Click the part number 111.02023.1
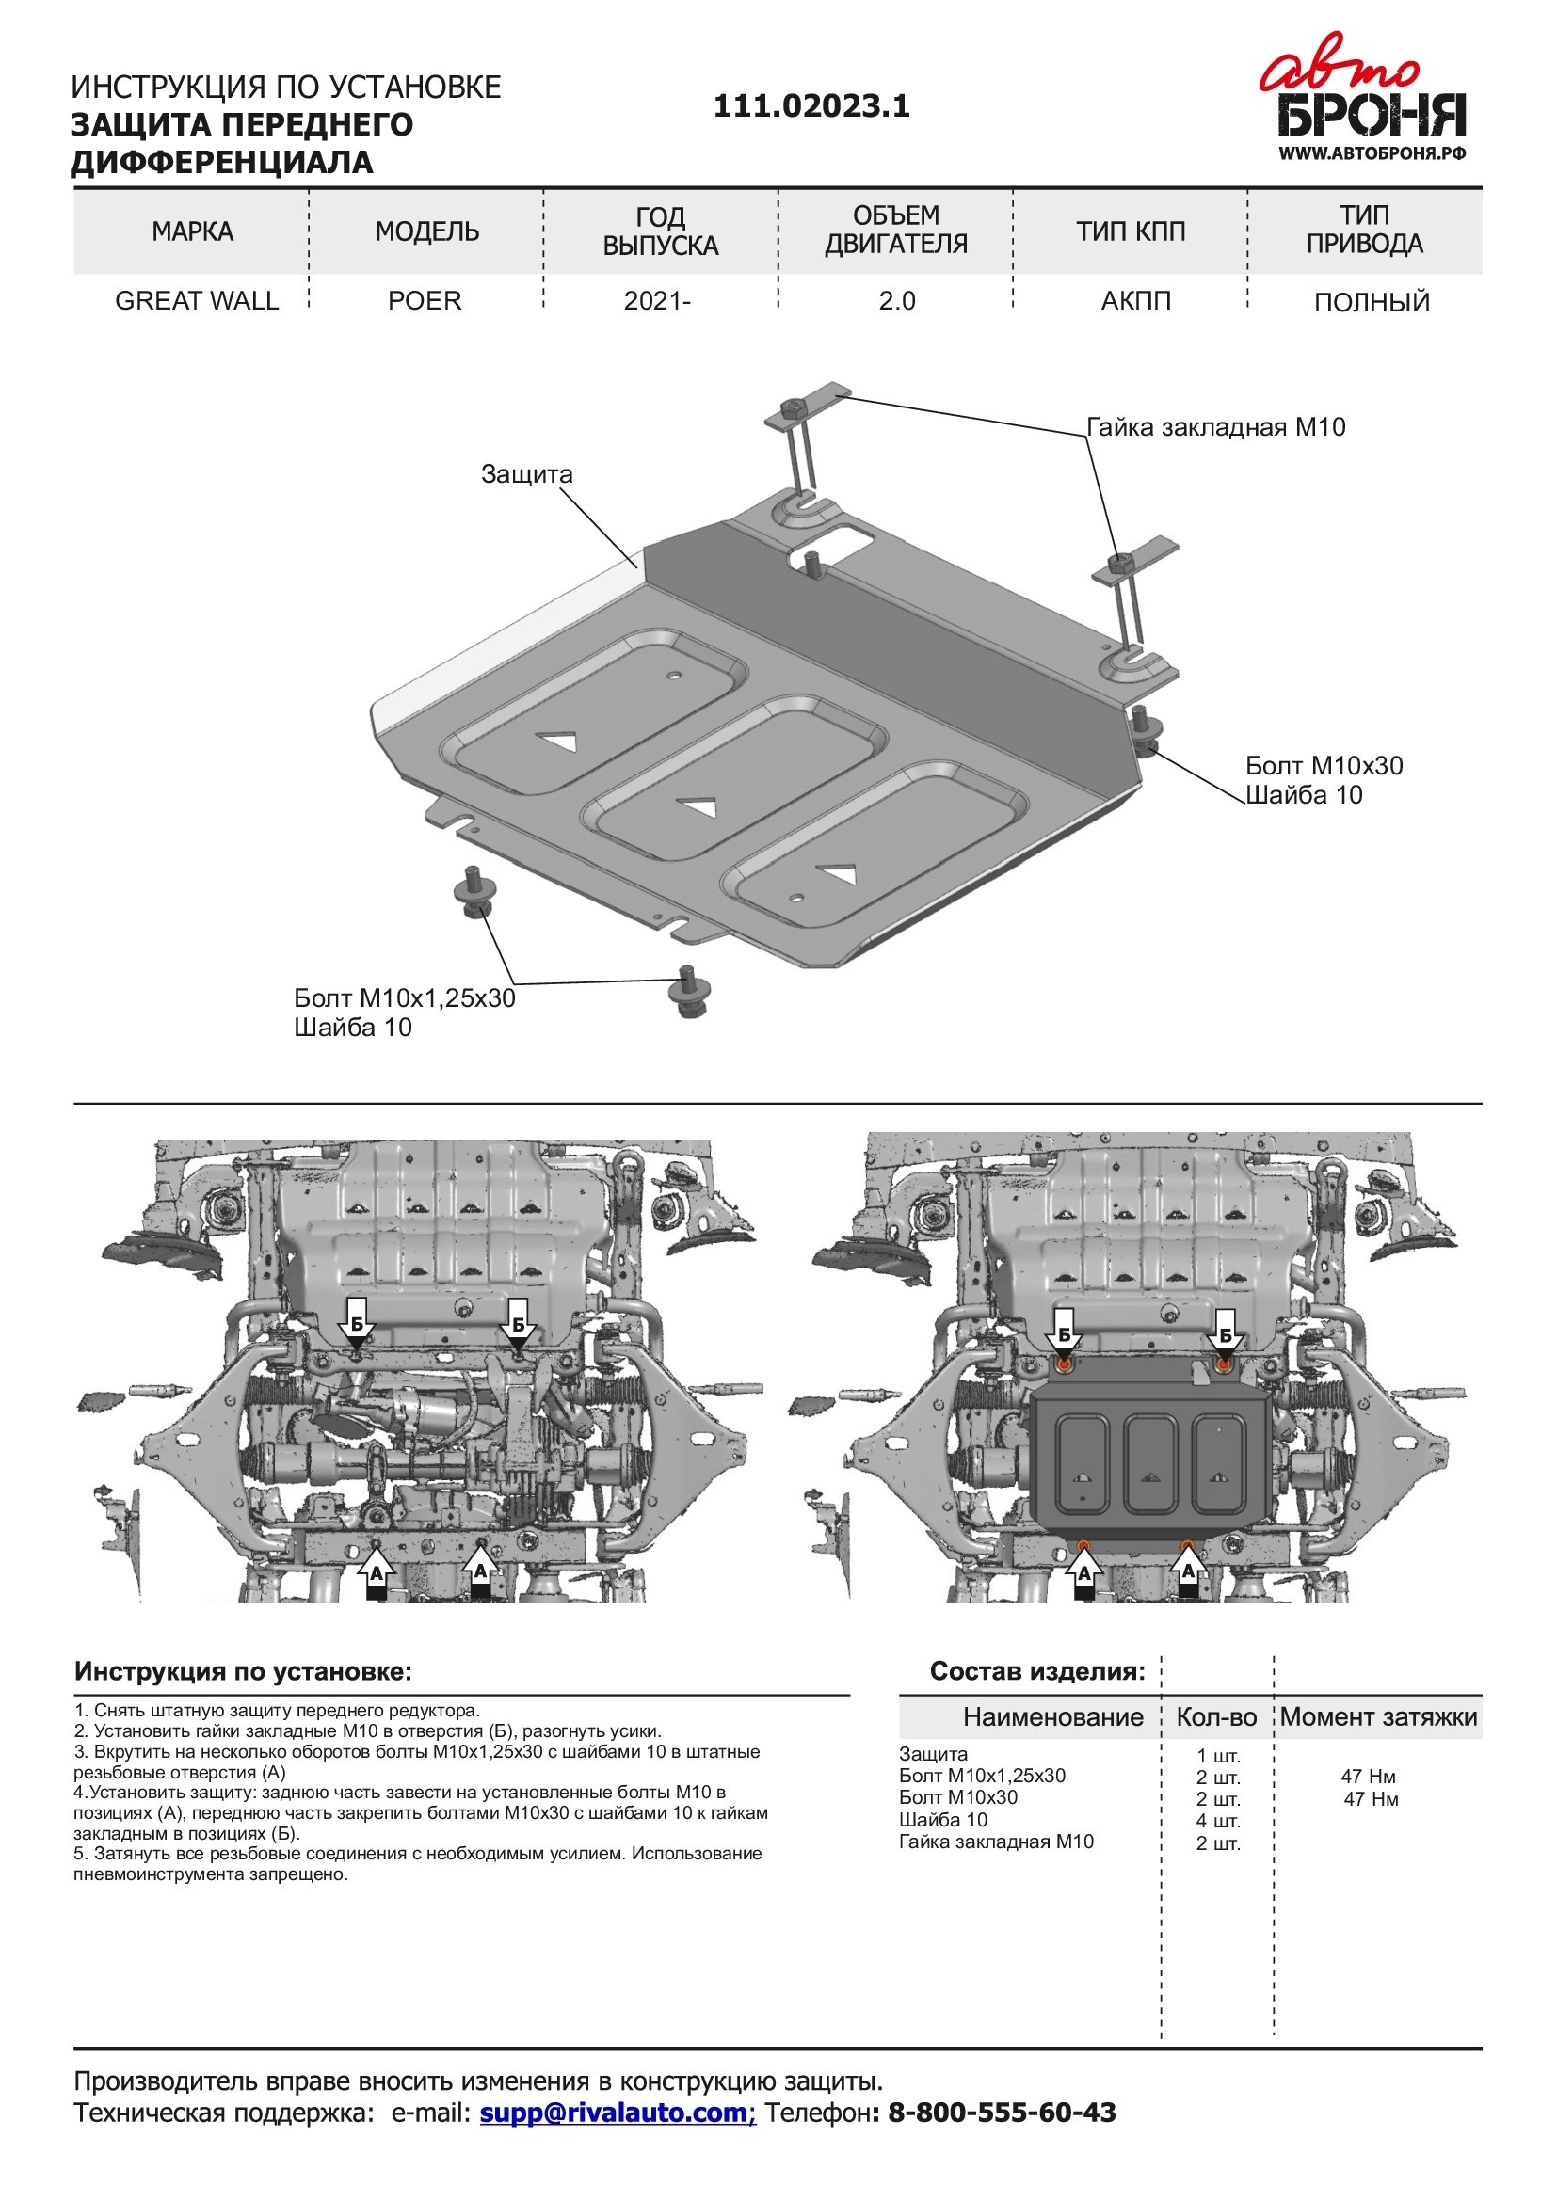pyautogui.click(x=811, y=105)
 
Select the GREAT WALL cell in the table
pyautogui.click(x=197, y=301)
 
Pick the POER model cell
pyautogui.click(x=425, y=301)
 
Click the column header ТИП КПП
pyautogui.click(x=1131, y=232)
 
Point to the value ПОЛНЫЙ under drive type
pyautogui.click(x=1371, y=303)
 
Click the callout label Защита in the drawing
pyautogui.click(x=526, y=474)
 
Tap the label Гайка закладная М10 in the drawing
pyautogui.click(x=1215, y=427)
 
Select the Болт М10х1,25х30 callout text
pyautogui.click(x=405, y=999)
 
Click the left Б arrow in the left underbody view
pyautogui.click(x=357, y=1328)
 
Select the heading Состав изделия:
pyautogui.click(x=1037, y=1672)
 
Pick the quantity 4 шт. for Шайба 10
pyautogui.click(x=1217, y=1822)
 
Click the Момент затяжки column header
pyautogui.click(x=1379, y=1717)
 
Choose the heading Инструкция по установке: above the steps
pyautogui.click(x=244, y=1672)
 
